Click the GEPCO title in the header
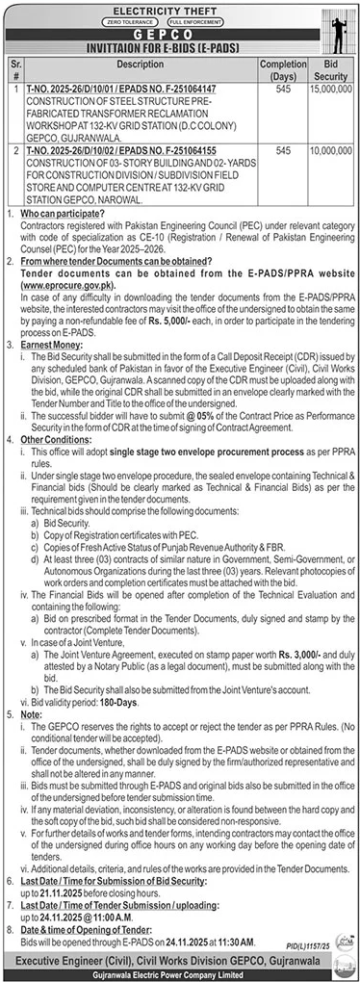tap(179, 30)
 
